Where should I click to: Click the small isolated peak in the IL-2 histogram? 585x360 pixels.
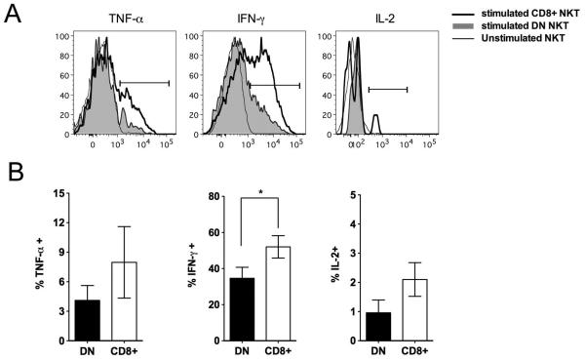(375, 123)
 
